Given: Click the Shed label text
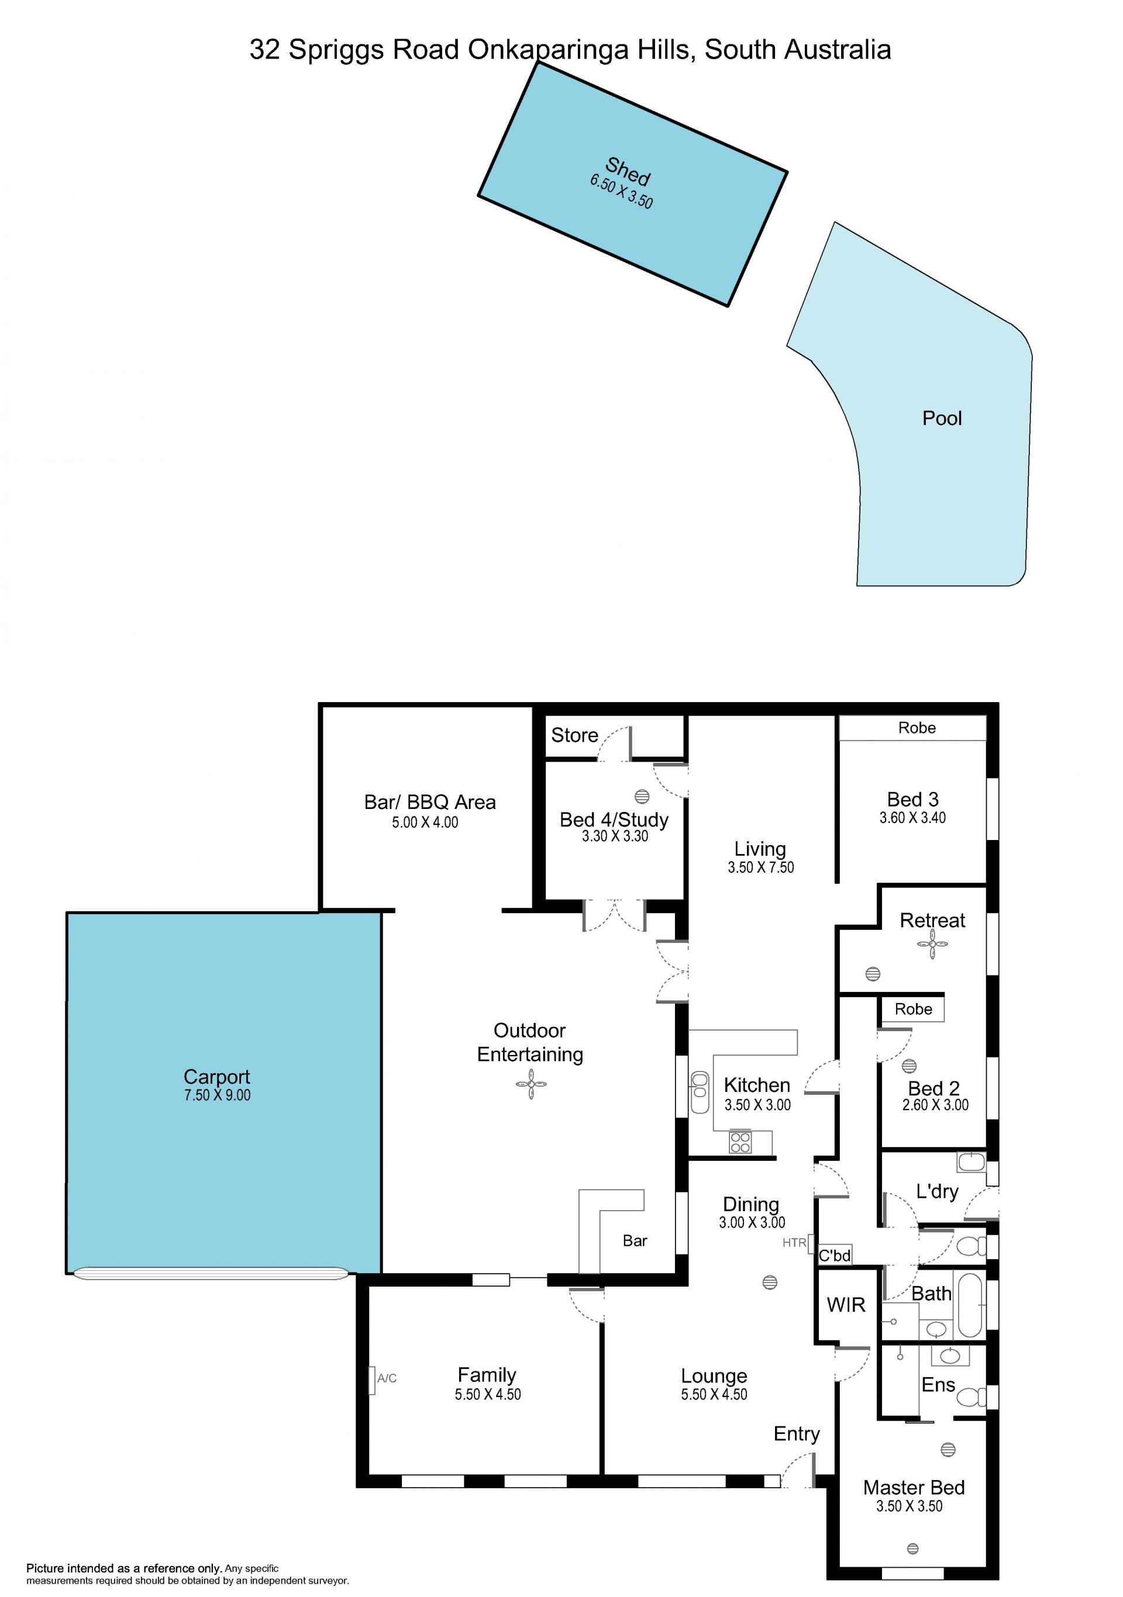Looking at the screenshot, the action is click(628, 171).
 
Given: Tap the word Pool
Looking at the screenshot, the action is click(942, 418).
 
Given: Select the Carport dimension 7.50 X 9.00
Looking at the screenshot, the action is click(217, 1095).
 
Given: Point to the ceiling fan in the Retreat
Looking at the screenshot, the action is click(932, 944).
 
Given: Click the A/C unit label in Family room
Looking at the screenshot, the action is click(387, 1378).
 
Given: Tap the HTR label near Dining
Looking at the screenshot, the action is click(794, 1242).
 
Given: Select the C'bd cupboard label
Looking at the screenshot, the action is click(834, 1256).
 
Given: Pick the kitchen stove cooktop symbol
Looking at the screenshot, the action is click(740, 1142).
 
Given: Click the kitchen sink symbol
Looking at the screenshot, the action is click(700, 1092).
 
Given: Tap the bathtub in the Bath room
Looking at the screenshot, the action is click(969, 1305).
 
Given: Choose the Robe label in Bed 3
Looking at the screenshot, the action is click(917, 728).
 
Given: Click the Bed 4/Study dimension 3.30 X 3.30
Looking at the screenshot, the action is click(615, 836).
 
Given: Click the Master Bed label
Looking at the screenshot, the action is click(914, 1487).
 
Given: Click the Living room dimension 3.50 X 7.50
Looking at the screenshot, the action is click(760, 867).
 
